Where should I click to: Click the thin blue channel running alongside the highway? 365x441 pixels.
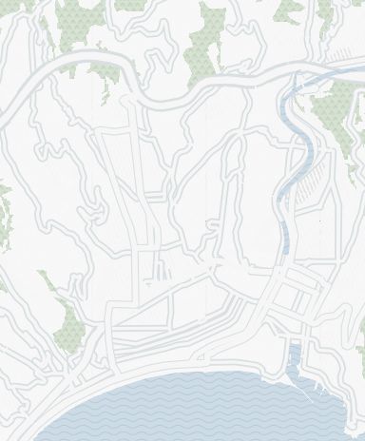314,81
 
